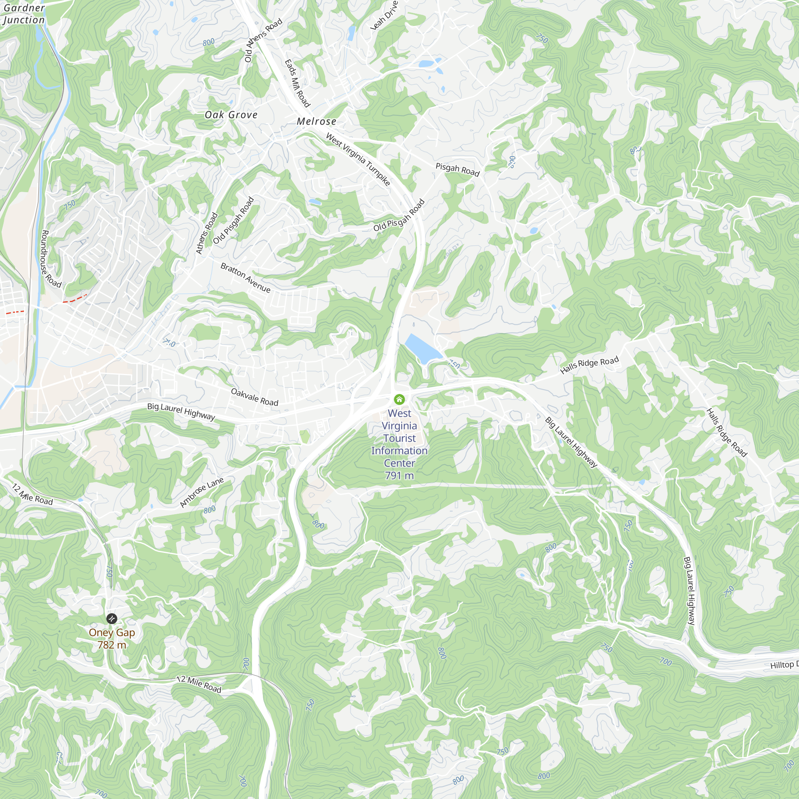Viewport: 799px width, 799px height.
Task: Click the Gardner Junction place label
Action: pyautogui.click(x=23, y=14)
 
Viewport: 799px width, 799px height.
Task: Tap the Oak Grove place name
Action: pyautogui.click(x=231, y=115)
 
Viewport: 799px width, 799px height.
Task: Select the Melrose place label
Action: pyautogui.click(x=316, y=121)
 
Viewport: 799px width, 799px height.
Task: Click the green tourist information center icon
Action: pyautogui.click(x=399, y=399)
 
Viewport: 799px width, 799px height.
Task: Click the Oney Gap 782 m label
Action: pyautogui.click(x=112, y=638)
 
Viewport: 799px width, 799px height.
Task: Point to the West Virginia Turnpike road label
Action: pyautogui.click(x=358, y=159)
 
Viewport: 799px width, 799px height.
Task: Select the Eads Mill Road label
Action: pyautogui.click(x=297, y=83)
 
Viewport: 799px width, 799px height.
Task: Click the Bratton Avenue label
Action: pyautogui.click(x=245, y=278)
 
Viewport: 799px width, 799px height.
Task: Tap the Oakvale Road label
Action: pyautogui.click(x=254, y=397)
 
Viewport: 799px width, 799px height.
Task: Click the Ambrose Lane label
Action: pyautogui.click(x=202, y=492)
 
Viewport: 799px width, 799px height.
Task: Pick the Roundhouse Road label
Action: pyautogui.click(x=51, y=259)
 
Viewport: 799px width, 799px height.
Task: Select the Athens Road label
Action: pyautogui.click(x=207, y=233)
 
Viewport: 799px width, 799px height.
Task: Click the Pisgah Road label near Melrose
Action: pyautogui.click(x=457, y=169)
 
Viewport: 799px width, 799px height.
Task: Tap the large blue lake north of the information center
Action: pyautogui.click(x=422, y=349)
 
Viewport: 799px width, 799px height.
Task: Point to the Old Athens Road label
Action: pyautogui.click(x=263, y=40)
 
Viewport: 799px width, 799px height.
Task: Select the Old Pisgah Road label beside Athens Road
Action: pyautogui.click(x=234, y=221)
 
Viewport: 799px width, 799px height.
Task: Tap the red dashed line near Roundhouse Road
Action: pyautogui.click(x=74, y=298)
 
